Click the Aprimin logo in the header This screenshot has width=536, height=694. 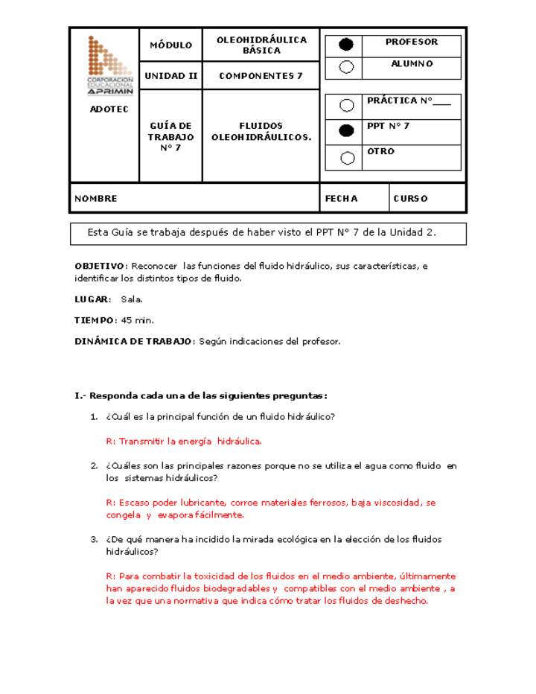110,66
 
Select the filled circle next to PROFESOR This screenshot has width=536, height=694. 346,45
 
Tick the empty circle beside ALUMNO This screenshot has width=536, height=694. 346,67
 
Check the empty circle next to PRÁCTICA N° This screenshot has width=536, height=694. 347,106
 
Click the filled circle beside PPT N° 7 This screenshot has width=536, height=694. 346,131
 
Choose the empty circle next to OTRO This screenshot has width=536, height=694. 347,157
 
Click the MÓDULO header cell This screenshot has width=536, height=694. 171,45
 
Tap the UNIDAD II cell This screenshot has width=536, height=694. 171,76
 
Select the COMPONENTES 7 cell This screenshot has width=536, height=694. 261,76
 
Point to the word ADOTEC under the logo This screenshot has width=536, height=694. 109,109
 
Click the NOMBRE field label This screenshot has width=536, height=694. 96,199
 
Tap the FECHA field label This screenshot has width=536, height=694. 342,199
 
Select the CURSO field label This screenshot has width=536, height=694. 410,199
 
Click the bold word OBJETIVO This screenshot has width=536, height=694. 100,266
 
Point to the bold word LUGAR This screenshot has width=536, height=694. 92,299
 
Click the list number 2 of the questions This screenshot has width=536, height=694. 95,466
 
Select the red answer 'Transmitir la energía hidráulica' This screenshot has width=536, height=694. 184,441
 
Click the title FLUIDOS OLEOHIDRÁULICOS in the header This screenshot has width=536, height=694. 261,132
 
